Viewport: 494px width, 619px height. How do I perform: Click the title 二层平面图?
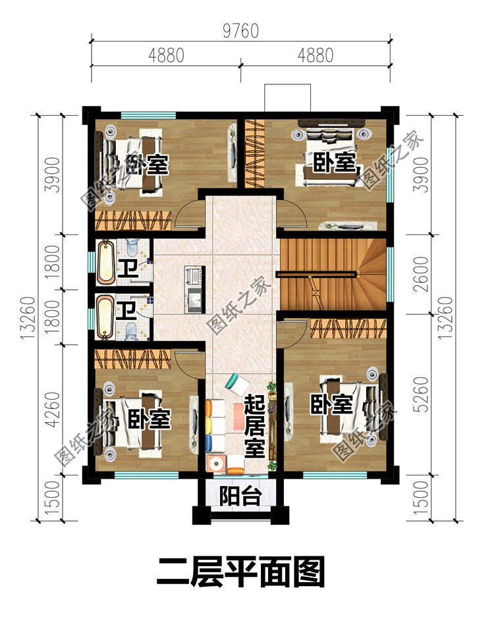[240, 572]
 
